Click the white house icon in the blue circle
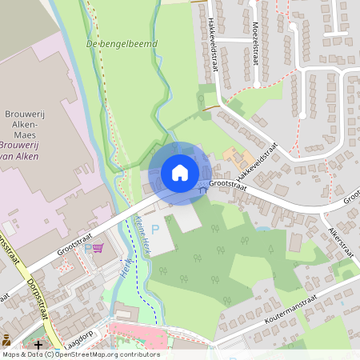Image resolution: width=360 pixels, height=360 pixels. tap(179, 172)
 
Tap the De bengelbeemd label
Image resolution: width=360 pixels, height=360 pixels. tap(121, 43)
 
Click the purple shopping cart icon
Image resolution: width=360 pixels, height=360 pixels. tap(98, 249)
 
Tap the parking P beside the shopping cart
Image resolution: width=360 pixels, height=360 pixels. tap(88, 249)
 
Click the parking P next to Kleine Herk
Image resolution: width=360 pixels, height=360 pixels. tap(155, 230)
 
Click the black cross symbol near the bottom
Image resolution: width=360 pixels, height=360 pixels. tap(38, 344)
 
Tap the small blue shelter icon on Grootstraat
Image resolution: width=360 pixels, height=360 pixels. tap(202, 190)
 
